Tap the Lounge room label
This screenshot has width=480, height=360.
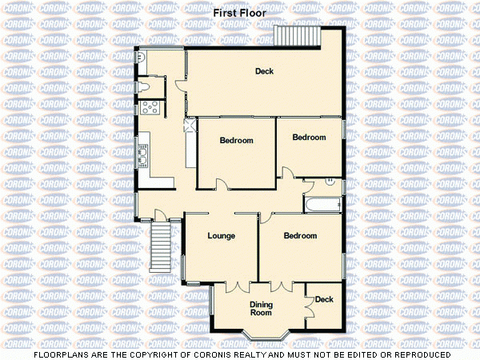pos(221,236)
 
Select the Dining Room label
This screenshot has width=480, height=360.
pos(261,308)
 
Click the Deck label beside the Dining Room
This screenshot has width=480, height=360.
pos(324,300)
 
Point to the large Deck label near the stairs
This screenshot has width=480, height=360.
pos(264,72)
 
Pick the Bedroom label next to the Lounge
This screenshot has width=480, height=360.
pos(300,236)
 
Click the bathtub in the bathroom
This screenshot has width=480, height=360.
pos(322,204)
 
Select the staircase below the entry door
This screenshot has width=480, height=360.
pos(162,246)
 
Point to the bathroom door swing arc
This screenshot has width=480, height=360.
pos(308,186)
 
